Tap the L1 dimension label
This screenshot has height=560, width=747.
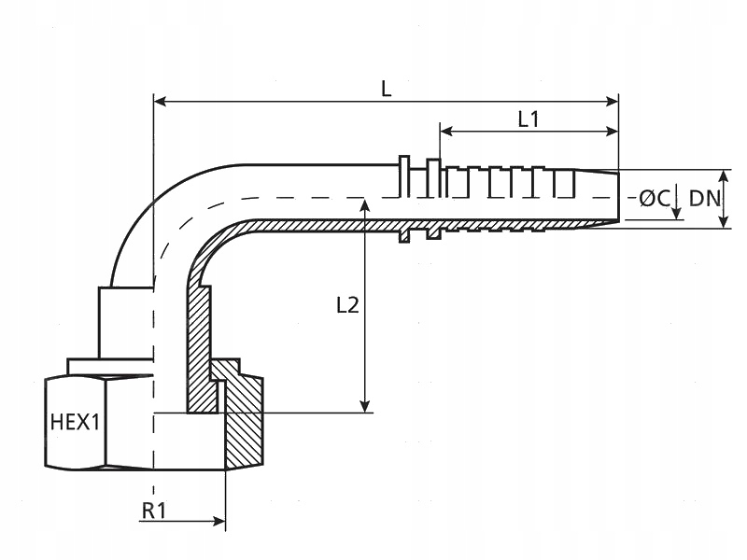(529, 119)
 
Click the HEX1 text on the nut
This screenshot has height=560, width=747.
(75, 422)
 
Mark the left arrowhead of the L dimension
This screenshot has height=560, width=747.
(160, 101)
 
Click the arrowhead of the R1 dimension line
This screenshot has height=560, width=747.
(219, 521)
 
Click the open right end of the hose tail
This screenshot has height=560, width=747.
(617, 198)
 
